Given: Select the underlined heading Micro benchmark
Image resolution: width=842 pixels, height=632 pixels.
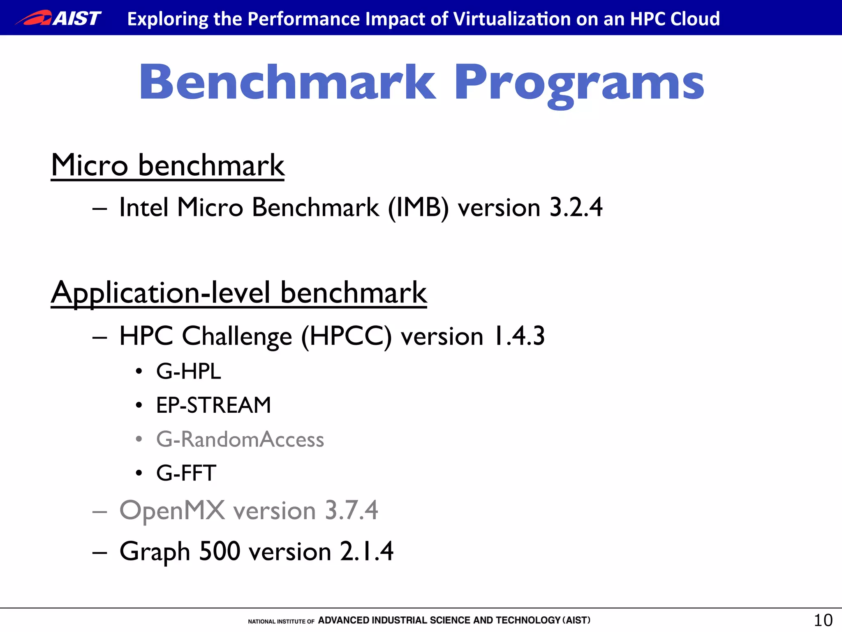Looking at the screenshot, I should click(x=168, y=165).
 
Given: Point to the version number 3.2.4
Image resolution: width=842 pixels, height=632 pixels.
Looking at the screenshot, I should click(x=576, y=207).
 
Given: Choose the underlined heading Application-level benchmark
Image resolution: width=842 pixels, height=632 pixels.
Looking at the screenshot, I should click(x=239, y=293).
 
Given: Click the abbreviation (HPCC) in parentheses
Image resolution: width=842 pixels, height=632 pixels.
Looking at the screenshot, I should click(x=346, y=336).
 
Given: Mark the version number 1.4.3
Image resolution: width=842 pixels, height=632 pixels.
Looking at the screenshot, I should click(x=518, y=336).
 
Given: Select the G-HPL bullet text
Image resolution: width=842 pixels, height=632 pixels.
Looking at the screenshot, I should click(x=189, y=371).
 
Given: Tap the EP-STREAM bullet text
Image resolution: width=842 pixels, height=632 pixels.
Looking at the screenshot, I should click(x=213, y=405).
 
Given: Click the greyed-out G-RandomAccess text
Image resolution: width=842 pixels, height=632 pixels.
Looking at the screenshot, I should click(x=240, y=439).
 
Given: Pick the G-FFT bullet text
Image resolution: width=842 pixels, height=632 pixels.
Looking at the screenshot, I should click(x=186, y=473).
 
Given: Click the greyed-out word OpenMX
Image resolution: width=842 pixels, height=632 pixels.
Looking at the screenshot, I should click(x=172, y=511).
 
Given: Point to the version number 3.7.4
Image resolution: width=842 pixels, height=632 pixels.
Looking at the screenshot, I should click(x=351, y=511).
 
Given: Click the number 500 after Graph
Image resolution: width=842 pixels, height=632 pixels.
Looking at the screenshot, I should click(x=220, y=551).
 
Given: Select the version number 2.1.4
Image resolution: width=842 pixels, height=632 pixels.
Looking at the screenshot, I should click(x=367, y=551).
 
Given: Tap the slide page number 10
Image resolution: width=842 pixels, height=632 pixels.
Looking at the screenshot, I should click(x=823, y=620).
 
